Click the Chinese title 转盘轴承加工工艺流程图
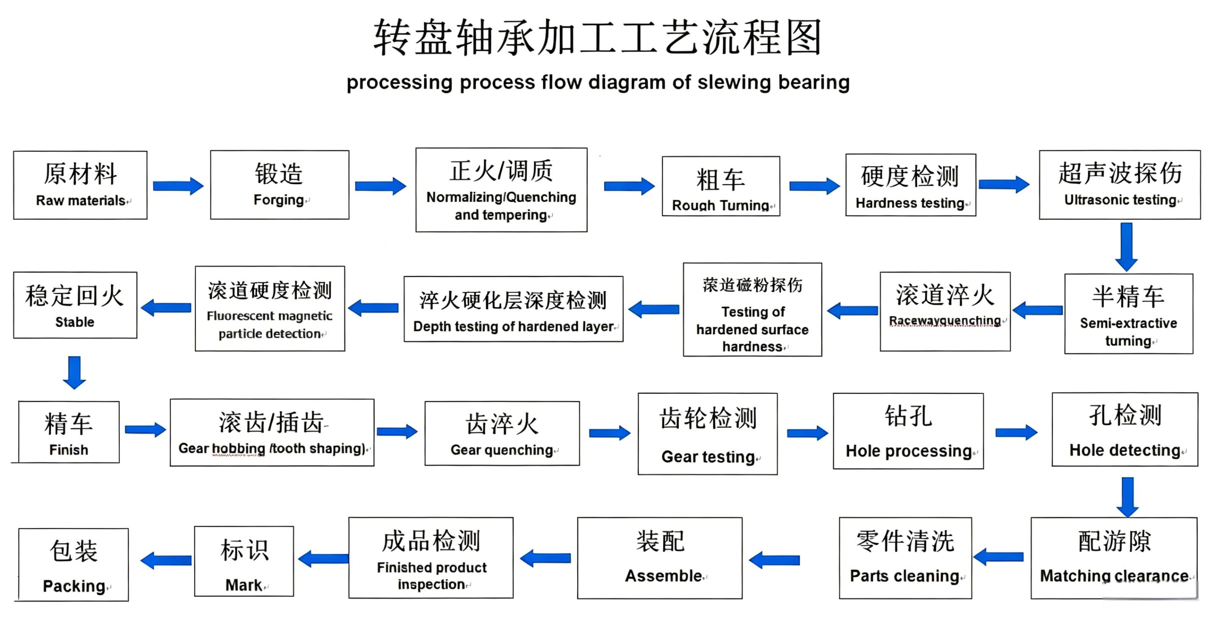[x=598, y=38]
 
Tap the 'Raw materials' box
[x=80, y=185]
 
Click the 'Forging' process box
[x=280, y=185]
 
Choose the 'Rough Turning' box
[x=721, y=186]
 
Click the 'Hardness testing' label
[x=910, y=203]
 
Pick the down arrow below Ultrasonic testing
[x=1126, y=246]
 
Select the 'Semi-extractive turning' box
[x=1128, y=313]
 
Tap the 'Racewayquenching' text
[x=945, y=321]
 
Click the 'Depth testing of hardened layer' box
[x=514, y=309]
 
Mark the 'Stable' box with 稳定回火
[x=75, y=305]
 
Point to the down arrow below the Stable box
[x=75, y=372]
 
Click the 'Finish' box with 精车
[x=69, y=432]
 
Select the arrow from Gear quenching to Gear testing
[x=610, y=433]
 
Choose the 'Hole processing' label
[x=909, y=451]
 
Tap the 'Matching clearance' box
[x=1114, y=558]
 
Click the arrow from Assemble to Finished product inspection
[x=545, y=559]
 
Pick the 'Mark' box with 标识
[x=244, y=561]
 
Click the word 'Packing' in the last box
[x=74, y=586]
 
